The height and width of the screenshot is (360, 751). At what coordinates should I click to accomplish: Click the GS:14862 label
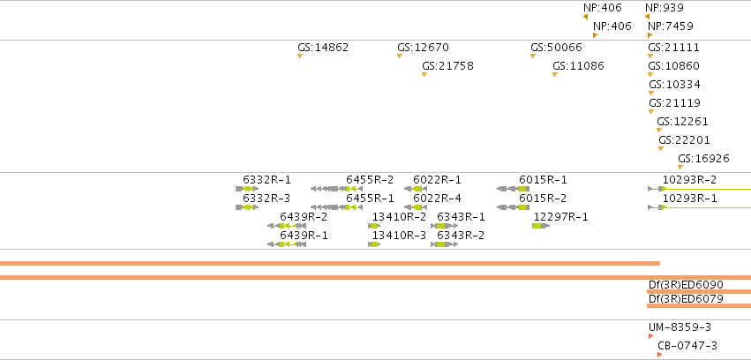click(x=323, y=48)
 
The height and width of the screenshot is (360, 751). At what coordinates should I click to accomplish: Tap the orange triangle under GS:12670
click(x=400, y=56)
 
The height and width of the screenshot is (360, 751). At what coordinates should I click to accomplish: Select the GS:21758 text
click(x=447, y=66)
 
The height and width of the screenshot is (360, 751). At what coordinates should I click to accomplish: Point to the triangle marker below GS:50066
click(x=533, y=56)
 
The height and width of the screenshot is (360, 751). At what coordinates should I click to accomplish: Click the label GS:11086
click(x=578, y=66)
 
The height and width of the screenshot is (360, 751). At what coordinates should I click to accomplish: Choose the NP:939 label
click(x=665, y=8)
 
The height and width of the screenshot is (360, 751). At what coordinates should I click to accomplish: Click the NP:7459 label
click(x=670, y=26)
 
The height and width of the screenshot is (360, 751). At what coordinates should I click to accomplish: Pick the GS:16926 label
click(x=703, y=159)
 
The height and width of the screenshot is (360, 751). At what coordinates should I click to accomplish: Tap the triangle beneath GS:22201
click(x=661, y=149)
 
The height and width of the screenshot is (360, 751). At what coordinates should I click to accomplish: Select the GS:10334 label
click(x=674, y=85)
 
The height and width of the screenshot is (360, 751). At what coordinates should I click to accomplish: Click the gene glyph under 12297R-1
click(x=541, y=226)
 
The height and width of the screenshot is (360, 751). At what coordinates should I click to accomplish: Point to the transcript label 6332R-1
click(x=267, y=180)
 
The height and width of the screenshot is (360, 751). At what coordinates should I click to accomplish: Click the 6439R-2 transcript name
click(x=304, y=217)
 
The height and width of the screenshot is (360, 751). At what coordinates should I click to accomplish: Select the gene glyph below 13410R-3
click(x=374, y=244)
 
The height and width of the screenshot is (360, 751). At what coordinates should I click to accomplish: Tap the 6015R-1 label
click(x=543, y=180)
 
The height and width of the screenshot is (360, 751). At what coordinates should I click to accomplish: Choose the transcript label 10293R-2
click(x=690, y=180)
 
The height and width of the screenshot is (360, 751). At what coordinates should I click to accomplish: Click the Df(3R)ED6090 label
click(x=686, y=284)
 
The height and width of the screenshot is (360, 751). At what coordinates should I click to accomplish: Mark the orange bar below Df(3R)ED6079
click(x=699, y=305)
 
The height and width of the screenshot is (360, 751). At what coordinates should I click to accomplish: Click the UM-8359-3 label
click(x=680, y=327)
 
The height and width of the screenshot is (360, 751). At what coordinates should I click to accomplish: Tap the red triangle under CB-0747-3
click(x=659, y=355)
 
